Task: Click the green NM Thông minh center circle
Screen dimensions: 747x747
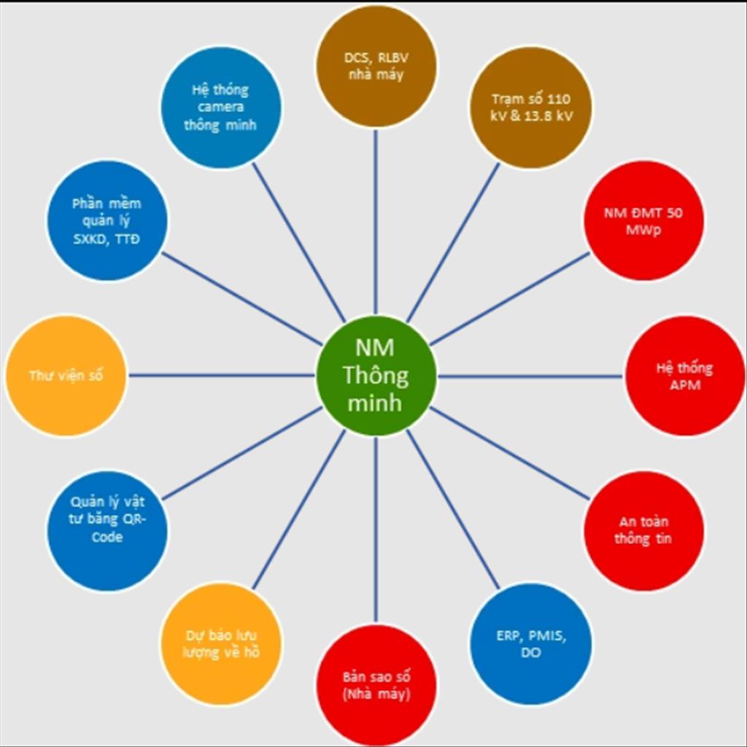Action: (x=376, y=376)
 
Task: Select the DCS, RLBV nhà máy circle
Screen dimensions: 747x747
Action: (x=376, y=66)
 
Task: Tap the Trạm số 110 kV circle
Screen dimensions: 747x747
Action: (x=531, y=108)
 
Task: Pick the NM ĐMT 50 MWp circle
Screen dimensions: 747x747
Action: (x=643, y=221)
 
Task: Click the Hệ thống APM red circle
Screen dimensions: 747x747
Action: (x=685, y=376)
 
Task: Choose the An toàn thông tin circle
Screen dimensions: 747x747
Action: (x=643, y=531)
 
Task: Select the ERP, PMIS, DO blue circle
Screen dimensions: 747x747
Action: (x=531, y=644)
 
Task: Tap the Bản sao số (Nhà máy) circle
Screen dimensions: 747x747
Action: (x=376, y=686)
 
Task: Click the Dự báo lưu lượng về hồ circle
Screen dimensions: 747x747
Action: (x=221, y=644)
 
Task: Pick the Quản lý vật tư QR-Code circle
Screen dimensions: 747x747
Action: (x=108, y=531)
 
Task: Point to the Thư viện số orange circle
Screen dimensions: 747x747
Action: (x=66, y=376)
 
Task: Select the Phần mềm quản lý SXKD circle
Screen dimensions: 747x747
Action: (x=108, y=221)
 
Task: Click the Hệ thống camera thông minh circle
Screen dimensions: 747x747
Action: (x=221, y=108)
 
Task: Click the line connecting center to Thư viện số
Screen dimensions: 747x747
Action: (x=222, y=376)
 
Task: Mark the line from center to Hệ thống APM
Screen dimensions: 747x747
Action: (x=530, y=376)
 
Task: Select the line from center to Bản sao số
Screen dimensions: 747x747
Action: (x=376, y=530)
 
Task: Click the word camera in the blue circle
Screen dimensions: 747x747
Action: (x=220, y=107)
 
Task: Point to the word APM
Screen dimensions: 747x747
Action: (x=685, y=384)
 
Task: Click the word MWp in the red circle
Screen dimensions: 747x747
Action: (x=643, y=230)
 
